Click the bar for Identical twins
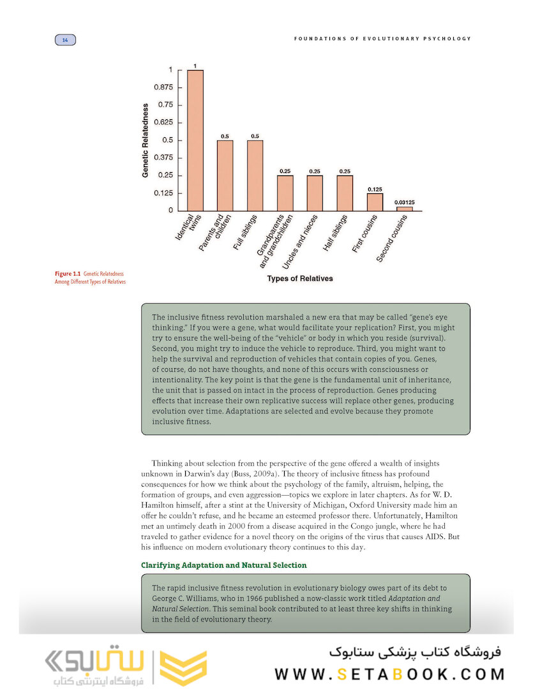[x=195, y=140]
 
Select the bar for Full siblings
[x=255, y=175]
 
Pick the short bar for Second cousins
[x=405, y=209]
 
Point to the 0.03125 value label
[x=405, y=202]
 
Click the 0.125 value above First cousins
[x=375, y=189]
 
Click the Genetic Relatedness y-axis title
[x=146, y=140]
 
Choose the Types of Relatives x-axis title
[x=299, y=278]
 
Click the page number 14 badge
[x=64, y=40]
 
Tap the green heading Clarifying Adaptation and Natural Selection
[x=223, y=565]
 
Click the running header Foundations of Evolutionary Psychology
[x=382, y=39]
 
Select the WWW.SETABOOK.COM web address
[x=390, y=674]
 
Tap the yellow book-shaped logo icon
[x=183, y=667]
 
